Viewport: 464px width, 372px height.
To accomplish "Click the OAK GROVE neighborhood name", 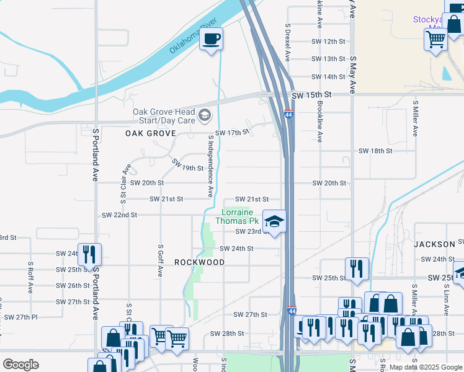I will [x=151, y=133].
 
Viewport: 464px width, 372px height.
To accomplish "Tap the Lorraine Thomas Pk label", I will [x=237, y=216].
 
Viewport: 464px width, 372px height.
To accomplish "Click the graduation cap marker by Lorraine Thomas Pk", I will [x=274, y=221].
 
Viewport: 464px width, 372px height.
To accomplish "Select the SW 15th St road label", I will [x=313, y=94].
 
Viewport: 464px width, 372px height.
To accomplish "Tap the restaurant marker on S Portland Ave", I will [x=89, y=254].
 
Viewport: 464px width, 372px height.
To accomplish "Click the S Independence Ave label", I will [x=211, y=164].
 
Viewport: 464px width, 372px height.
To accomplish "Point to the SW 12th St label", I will [x=328, y=41].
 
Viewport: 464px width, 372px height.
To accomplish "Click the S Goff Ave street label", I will [x=160, y=260].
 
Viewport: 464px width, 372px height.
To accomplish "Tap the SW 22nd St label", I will [x=119, y=215].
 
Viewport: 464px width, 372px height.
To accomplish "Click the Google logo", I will [x=20, y=365].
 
